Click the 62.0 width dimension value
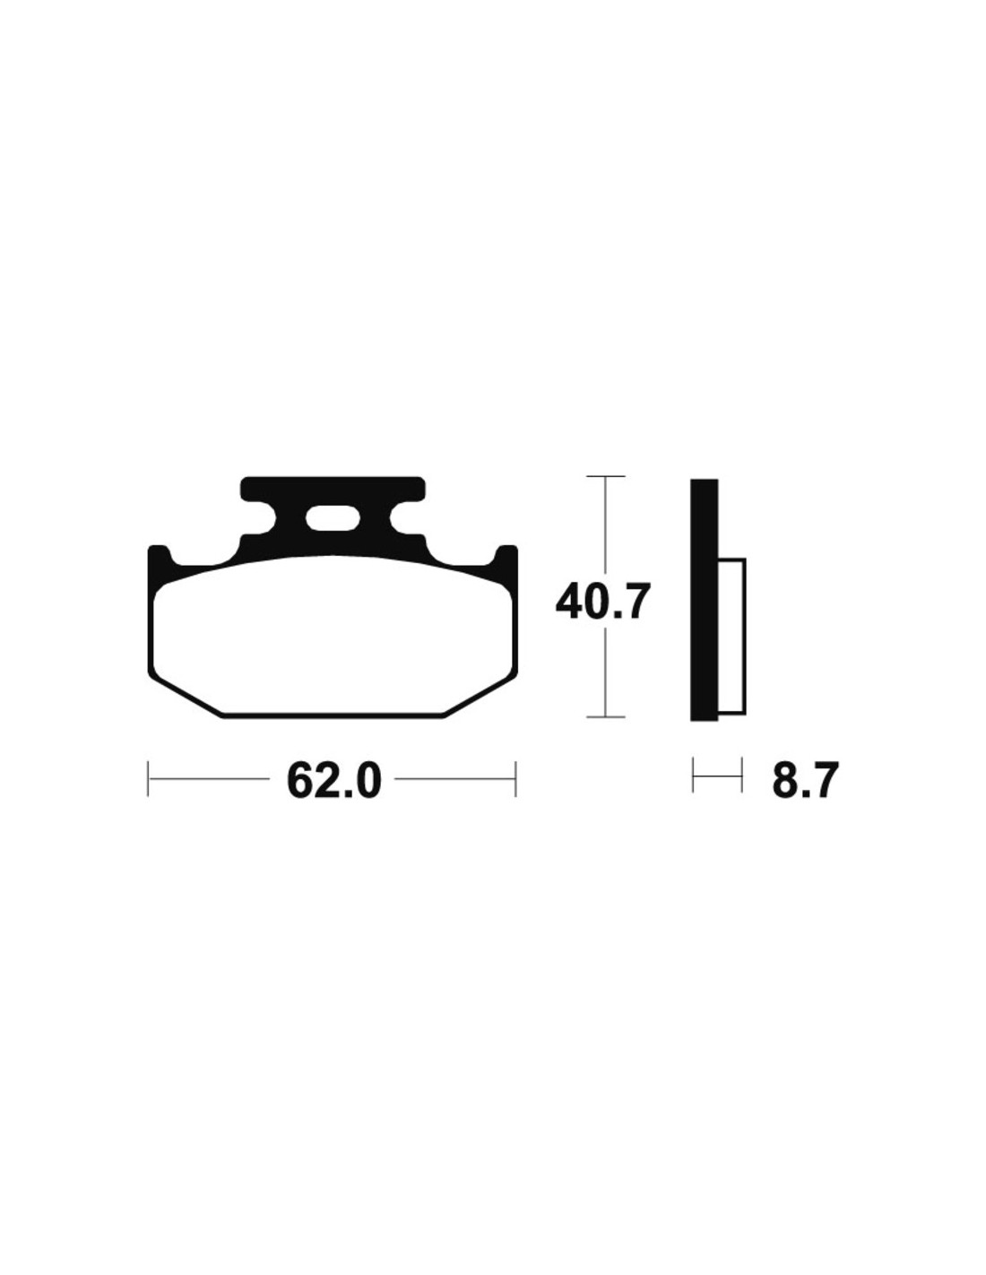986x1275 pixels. [x=333, y=780]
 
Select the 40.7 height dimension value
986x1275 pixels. [x=603, y=603]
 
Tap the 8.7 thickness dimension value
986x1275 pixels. [x=802, y=780]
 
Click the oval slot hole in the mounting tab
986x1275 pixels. [x=333, y=518]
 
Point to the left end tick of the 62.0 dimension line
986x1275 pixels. [x=149, y=779]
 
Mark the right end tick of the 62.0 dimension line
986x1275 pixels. [x=515, y=779]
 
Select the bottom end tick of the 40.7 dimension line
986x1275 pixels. [x=605, y=716]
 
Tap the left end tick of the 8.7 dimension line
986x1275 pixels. [x=693, y=775]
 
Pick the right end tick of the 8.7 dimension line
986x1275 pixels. [x=742, y=775]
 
